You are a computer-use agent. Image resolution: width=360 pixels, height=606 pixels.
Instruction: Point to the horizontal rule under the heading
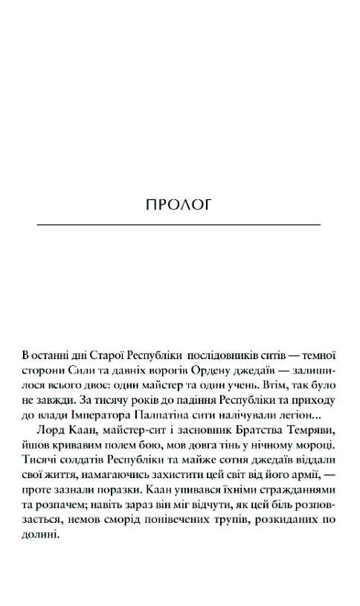pos(179,224)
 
